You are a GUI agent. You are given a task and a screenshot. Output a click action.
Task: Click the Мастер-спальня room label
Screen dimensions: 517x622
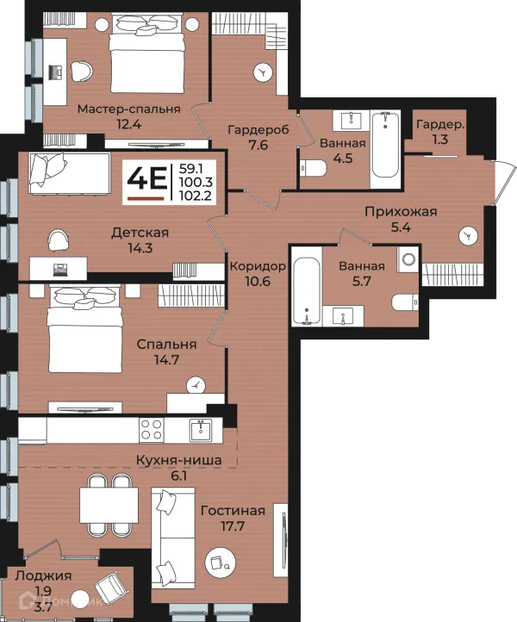coord(128,109)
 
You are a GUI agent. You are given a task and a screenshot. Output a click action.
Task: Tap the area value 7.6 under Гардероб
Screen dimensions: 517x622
coord(258,145)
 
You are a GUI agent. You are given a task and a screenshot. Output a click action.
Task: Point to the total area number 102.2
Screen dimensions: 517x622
coord(196,195)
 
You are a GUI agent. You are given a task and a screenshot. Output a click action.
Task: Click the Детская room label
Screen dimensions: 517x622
coord(140,233)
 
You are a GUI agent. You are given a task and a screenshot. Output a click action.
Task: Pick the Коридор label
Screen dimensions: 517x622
coord(258,266)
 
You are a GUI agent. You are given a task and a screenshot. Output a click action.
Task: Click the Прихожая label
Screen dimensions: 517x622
coord(401,212)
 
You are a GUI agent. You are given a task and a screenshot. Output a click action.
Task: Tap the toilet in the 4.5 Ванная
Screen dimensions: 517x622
coord(313,168)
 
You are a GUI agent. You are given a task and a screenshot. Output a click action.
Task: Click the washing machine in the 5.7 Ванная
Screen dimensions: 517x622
coord(408,259)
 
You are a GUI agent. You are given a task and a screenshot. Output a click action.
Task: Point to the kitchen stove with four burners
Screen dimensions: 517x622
coord(152,430)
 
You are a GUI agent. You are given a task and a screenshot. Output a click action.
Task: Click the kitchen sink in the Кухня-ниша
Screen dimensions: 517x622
coord(201,430)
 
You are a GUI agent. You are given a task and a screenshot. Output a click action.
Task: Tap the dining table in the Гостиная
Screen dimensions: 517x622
coord(109,506)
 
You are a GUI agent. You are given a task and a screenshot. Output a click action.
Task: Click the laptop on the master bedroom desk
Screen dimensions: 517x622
coord(55,72)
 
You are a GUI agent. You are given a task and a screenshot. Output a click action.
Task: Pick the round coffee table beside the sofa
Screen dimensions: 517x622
coord(221,562)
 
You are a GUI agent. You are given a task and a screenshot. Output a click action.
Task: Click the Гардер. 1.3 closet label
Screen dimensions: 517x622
coord(440,132)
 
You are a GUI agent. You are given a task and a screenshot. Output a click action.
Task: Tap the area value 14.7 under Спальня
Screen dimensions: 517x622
coord(166,360)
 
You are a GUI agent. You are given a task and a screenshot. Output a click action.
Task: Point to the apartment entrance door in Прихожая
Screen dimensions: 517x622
coord(500,183)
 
